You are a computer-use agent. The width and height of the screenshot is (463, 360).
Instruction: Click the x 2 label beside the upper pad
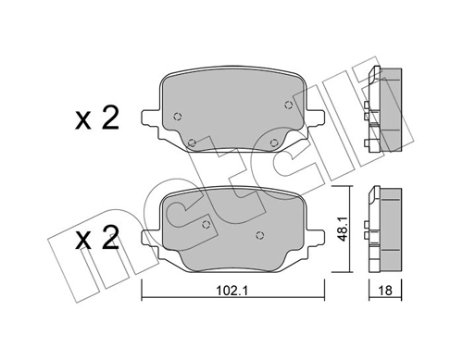pos(97,119)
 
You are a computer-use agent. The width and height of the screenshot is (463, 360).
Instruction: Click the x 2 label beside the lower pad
pos(97,240)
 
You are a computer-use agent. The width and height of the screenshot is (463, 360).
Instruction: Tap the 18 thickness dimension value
pos(386,289)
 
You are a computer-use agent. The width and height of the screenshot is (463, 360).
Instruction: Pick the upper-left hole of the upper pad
pos(176,118)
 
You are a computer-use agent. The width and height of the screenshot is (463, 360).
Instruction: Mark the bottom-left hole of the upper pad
pos(193,142)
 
